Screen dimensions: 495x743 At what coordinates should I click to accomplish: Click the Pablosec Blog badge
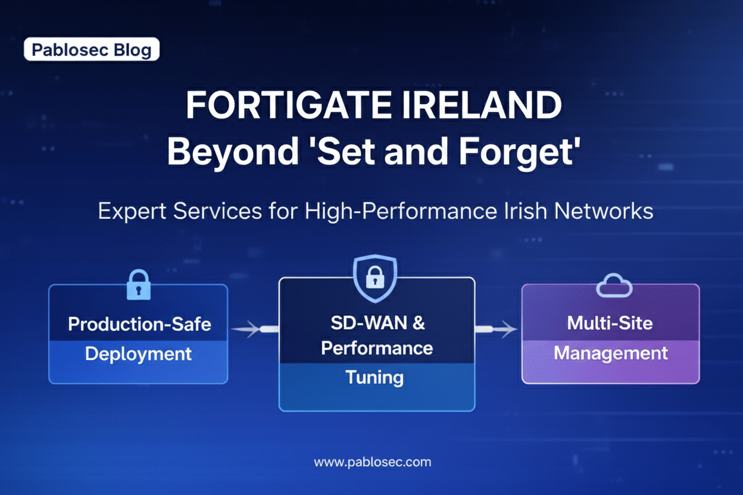[92, 50]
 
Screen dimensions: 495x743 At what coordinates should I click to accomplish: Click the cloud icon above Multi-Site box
[614, 286]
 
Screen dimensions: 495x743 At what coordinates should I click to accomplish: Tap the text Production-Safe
[139, 324]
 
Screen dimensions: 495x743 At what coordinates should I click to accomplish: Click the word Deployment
[138, 354]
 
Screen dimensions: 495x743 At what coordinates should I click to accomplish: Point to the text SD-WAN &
[377, 323]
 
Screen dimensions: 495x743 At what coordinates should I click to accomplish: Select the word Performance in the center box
[377, 348]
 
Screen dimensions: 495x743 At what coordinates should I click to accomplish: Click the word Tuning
[374, 377]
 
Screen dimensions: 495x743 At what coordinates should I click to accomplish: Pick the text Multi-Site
[610, 323]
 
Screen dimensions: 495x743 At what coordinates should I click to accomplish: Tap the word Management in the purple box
[611, 353]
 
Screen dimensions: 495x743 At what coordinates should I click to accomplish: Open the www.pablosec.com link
[372, 462]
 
